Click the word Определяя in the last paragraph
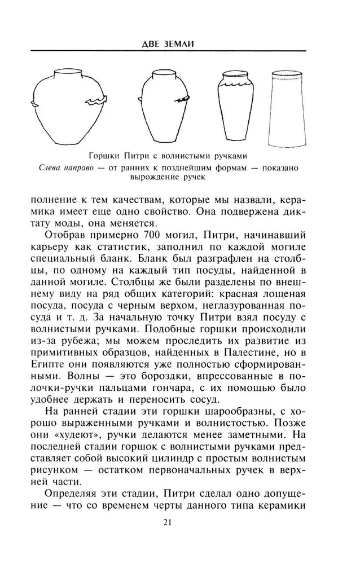[80, 490]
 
